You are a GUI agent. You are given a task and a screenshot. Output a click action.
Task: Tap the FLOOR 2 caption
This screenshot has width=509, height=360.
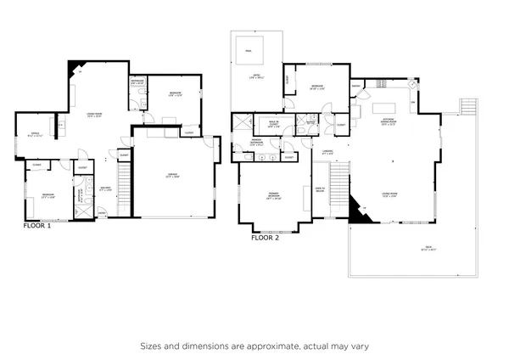pos(265,238)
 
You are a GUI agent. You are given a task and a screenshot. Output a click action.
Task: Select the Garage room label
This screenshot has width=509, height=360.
pos(172,177)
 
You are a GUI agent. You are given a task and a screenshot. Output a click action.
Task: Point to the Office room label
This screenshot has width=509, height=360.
pos(35,134)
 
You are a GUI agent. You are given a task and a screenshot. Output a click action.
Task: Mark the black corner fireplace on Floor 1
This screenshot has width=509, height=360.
pos(77,68)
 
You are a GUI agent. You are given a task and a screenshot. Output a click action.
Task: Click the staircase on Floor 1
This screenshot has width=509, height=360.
pos(124,190)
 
